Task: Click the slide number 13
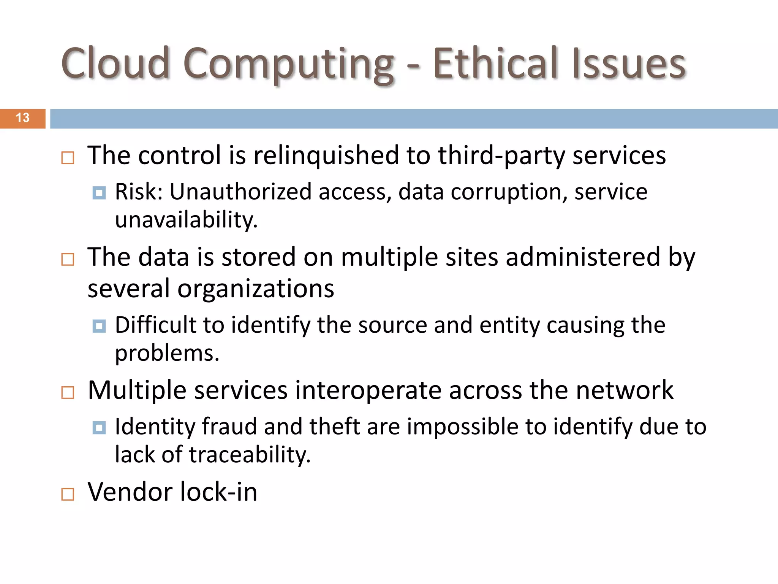click(23, 118)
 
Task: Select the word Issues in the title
click(629, 63)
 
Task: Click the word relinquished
click(326, 156)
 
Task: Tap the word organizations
click(256, 289)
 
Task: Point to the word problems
click(167, 354)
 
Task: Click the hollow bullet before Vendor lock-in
click(68, 494)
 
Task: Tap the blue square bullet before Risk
click(99, 193)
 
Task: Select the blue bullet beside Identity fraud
click(99, 428)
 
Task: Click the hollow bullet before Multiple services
click(68, 392)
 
